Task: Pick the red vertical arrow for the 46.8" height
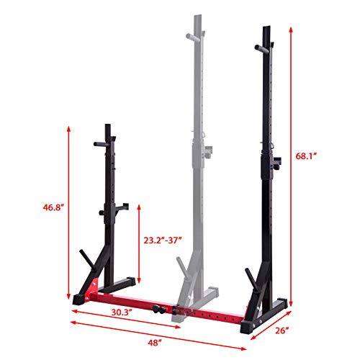click(69, 209)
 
